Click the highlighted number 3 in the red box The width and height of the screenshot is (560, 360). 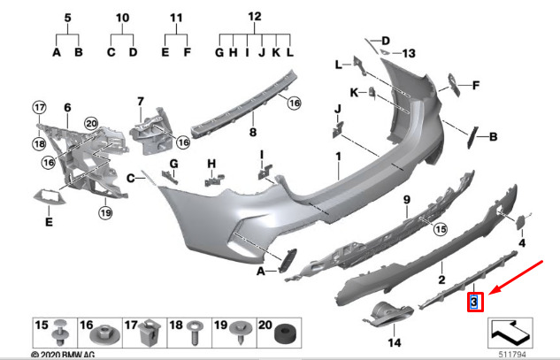(474, 303)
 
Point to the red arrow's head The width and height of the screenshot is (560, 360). (491, 293)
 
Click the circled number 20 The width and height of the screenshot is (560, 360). (91, 124)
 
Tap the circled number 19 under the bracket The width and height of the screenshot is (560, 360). (105, 213)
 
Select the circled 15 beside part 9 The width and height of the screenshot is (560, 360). (441, 229)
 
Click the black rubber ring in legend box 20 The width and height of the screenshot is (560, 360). (284, 335)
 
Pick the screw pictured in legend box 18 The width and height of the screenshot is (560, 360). (195, 333)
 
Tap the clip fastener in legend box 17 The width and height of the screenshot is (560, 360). (149, 333)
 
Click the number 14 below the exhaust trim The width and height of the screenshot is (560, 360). (395, 343)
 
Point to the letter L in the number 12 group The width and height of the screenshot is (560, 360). (289, 52)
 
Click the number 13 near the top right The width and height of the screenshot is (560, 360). (409, 54)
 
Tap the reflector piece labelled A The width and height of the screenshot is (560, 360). (288, 259)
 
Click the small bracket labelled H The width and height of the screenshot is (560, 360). (213, 180)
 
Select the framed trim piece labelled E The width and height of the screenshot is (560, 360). (49, 196)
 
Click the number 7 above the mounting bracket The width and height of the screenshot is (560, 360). (141, 102)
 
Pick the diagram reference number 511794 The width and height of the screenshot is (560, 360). (512, 355)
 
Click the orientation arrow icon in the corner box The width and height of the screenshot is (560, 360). (510, 333)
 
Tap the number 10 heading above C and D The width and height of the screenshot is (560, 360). (122, 18)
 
